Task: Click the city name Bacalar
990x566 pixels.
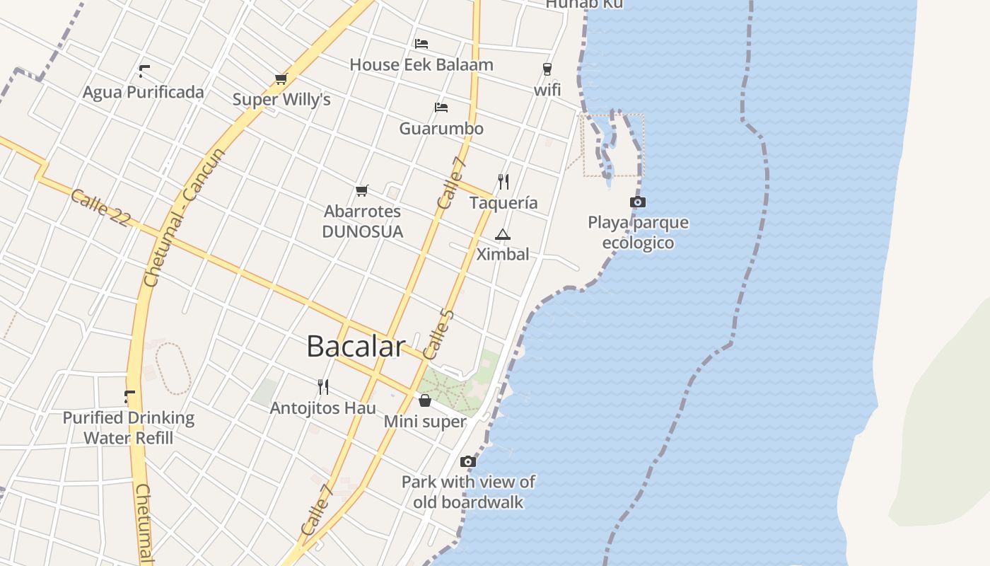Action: tap(356, 347)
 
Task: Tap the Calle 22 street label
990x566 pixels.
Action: tap(100, 207)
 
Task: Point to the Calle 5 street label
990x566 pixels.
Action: tap(438, 334)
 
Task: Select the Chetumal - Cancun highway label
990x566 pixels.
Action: tap(184, 217)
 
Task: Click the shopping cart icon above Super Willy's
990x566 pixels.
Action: tap(281, 79)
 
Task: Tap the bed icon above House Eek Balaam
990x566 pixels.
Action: tap(421, 44)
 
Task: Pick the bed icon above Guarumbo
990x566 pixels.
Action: tap(441, 108)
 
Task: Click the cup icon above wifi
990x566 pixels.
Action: tap(547, 69)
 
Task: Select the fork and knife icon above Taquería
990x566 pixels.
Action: tap(503, 182)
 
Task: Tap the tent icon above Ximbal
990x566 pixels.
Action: tap(502, 234)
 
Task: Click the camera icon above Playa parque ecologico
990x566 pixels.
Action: tap(638, 202)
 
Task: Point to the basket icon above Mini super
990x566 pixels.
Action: tap(425, 401)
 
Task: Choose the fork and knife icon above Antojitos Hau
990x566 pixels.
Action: tap(323, 386)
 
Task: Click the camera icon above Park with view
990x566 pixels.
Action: tap(467, 461)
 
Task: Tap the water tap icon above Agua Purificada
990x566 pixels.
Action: tap(144, 71)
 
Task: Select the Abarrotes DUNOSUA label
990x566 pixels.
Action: tap(362, 221)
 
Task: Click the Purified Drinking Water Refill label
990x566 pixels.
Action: tap(129, 427)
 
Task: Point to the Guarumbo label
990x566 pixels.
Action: tap(441, 129)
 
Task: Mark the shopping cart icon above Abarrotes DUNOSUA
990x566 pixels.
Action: tap(362, 190)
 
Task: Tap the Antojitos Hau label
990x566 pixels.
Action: tap(323, 408)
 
